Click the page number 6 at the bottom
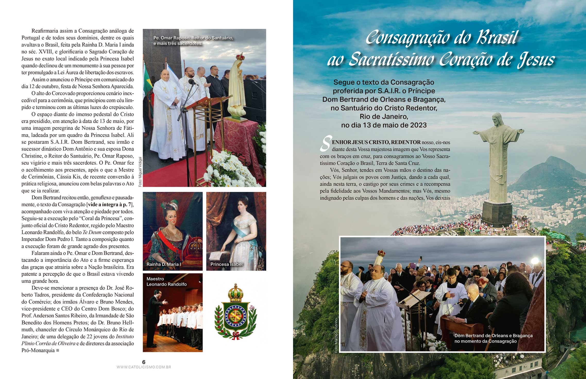point(144,362)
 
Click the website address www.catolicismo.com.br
point(144,367)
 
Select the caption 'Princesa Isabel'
point(226,264)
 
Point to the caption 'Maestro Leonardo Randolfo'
point(166,282)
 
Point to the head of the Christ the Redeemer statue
point(496,119)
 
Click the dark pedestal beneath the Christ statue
point(497,214)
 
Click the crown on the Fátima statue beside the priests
point(240,56)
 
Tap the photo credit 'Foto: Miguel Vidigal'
point(140,172)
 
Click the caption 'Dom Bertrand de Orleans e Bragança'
point(493,336)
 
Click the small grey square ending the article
point(58,350)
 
